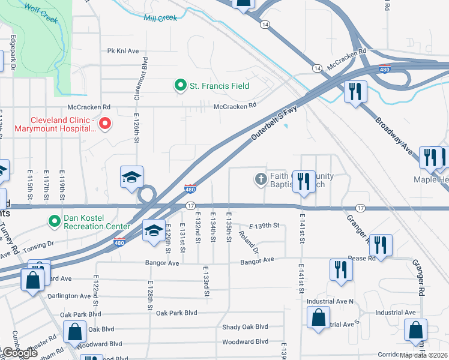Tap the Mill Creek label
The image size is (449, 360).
point(160,18)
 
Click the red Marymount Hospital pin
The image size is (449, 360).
point(105,124)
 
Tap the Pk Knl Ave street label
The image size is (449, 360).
point(123,51)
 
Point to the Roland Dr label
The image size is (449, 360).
point(248,241)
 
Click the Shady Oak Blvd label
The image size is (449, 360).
point(244,326)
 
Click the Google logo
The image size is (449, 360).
point(19,353)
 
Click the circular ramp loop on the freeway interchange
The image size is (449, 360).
point(146,194)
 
